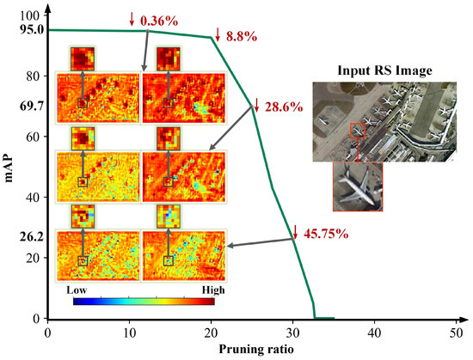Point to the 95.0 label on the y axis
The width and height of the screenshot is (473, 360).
tap(30, 30)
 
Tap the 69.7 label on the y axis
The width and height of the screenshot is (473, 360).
tap(30, 107)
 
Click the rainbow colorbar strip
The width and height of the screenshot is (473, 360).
tap(143, 302)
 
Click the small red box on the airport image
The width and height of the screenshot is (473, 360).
tap(358, 131)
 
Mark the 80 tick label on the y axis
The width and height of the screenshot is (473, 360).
tap(33, 76)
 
